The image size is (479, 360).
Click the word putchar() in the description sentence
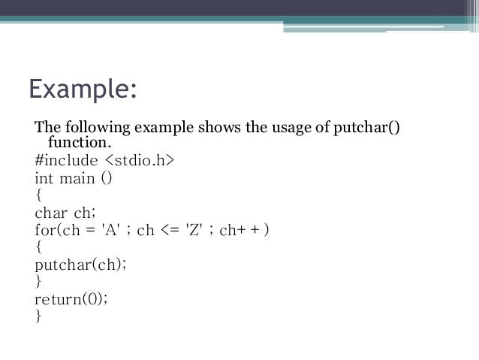[x=363, y=125]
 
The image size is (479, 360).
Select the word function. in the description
[x=79, y=142]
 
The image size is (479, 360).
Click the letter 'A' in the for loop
[x=111, y=230]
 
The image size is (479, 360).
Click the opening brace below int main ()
[x=38, y=196]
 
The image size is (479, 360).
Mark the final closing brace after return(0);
[x=38, y=316]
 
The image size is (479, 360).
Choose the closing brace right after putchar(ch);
[x=38, y=282]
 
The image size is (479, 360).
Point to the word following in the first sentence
[x=91, y=125]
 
